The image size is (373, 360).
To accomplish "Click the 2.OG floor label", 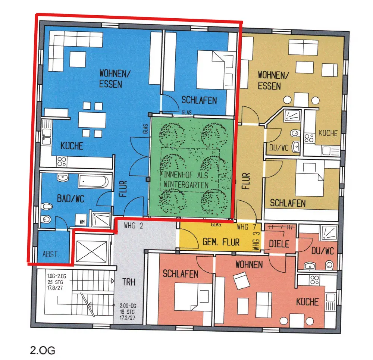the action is click(43, 350).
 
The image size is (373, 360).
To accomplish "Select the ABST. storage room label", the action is click(51, 254).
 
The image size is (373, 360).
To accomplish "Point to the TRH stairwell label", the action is click(129, 282).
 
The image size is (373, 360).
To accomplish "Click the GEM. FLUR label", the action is click(221, 242).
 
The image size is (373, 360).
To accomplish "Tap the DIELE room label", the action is click(279, 244).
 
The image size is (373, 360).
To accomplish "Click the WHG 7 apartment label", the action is click(247, 227).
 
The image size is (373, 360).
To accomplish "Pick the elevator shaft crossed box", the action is click(91, 251).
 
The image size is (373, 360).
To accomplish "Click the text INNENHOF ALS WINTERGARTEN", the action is click(186, 180).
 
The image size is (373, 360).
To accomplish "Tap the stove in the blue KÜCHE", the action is click(62, 162).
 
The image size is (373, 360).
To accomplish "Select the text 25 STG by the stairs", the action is click(55, 282).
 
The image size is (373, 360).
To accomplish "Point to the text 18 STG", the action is click(127, 312).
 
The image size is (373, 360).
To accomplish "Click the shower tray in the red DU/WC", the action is click(329, 233).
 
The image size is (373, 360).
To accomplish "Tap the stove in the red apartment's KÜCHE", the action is click(314, 280).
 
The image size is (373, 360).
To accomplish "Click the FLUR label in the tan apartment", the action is click(246, 181).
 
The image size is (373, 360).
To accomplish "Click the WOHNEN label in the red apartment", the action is click(249, 264).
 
